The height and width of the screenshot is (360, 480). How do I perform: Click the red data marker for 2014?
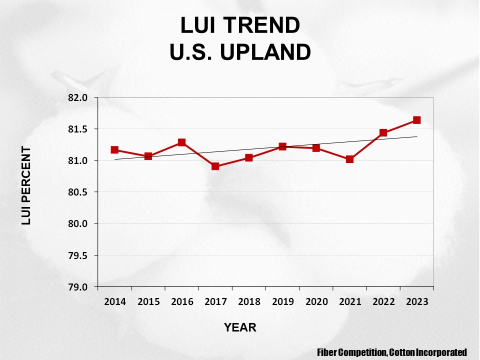(x=114, y=150)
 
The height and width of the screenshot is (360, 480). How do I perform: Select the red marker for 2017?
(x=215, y=166)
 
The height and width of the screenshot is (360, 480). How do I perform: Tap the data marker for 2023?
(x=416, y=120)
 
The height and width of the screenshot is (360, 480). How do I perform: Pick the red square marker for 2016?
(x=181, y=142)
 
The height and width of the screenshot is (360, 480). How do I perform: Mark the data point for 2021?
(x=349, y=159)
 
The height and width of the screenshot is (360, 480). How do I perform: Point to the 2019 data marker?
(x=282, y=146)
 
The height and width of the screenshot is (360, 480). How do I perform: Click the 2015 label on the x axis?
(x=148, y=301)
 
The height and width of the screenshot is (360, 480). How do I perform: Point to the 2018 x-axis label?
(x=249, y=301)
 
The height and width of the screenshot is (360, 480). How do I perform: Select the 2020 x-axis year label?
(x=316, y=301)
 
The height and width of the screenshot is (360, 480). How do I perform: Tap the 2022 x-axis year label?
(x=383, y=301)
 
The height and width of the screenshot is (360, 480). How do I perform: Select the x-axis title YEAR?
(x=240, y=327)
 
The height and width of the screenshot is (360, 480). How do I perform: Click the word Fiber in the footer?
(x=327, y=352)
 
